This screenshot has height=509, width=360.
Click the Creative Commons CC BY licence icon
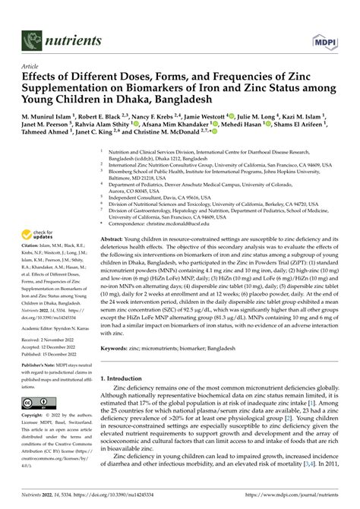pyautogui.click(x=38, y=402)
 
